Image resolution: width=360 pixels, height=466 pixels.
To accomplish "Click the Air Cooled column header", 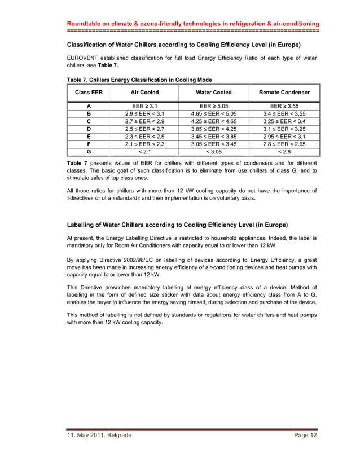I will [144, 92].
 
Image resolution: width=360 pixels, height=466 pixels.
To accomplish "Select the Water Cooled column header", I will [214, 92].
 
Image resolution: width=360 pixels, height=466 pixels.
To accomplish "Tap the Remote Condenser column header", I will [284, 92].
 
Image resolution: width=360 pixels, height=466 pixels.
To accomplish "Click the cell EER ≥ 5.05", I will [214, 105].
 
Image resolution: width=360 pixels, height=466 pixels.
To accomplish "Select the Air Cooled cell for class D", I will [144, 129].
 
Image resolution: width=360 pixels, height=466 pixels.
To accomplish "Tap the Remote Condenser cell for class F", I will [284, 144].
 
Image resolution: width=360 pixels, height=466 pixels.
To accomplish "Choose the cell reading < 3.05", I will [214, 151].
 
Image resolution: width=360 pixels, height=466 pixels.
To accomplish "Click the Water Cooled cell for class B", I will [214, 113].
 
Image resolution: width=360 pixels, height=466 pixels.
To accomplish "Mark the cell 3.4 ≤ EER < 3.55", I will [284, 113].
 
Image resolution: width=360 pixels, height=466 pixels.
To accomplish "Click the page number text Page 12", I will [306, 435].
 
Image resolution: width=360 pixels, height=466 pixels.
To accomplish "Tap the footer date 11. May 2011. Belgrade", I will [99, 435].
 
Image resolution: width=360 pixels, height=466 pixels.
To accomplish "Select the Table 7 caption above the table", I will [139, 80].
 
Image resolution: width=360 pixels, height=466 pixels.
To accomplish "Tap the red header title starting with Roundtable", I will [193, 24].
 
